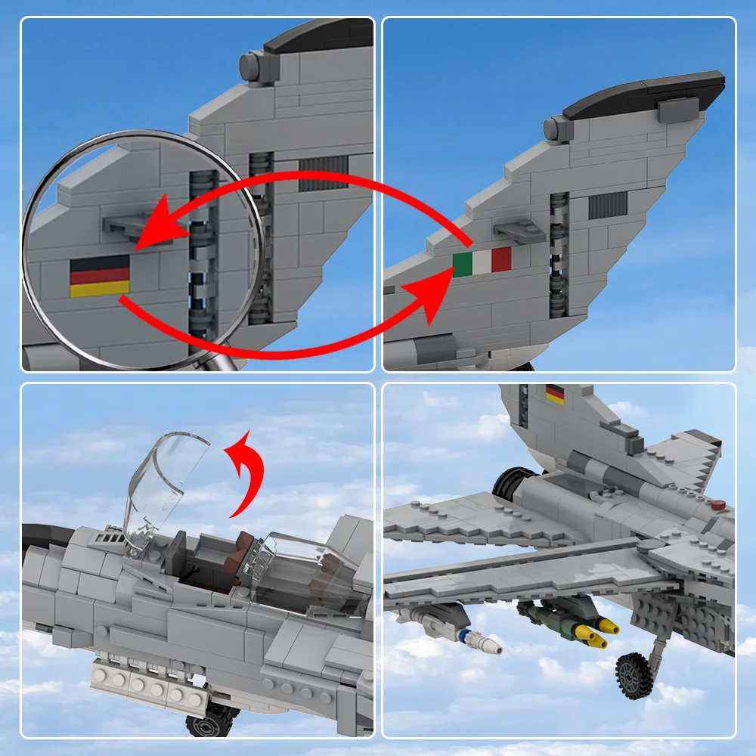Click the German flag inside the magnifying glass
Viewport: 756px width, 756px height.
(x=100, y=276)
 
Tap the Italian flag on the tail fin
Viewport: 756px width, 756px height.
(x=482, y=262)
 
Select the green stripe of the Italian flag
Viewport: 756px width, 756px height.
(x=463, y=264)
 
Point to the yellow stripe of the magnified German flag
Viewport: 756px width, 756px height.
(x=100, y=288)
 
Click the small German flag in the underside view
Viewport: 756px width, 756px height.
(x=555, y=394)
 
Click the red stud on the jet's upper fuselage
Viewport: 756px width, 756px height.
(x=719, y=503)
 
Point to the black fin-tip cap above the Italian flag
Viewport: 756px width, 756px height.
(x=643, y=92)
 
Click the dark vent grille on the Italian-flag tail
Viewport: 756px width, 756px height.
(x=608, y=204)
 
